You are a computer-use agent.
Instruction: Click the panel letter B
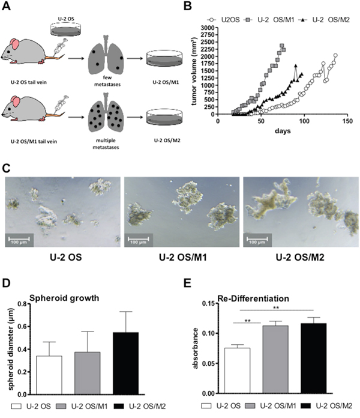coord(187,6)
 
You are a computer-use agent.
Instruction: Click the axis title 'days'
coord(283,131)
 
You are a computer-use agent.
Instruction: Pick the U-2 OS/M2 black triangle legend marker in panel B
coord(303,20)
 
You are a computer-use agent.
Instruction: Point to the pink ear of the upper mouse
coord(14,44)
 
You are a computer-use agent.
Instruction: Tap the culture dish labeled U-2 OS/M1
coord(164,59)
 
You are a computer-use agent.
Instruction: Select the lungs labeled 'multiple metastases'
coord(106,112)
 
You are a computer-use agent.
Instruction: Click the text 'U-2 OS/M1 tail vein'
coord(34,142)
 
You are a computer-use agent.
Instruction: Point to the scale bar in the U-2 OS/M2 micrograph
coord(257,238)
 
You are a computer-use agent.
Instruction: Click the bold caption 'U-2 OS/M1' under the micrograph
coord(182,258)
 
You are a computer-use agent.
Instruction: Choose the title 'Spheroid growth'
coord(64,298)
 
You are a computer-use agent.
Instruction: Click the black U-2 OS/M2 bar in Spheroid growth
coord(125,363)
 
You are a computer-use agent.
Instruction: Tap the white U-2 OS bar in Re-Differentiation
coord(237,371)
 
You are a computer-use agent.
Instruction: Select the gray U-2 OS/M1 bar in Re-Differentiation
coord(275,359)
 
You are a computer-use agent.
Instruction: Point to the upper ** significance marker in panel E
coord(276,307)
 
